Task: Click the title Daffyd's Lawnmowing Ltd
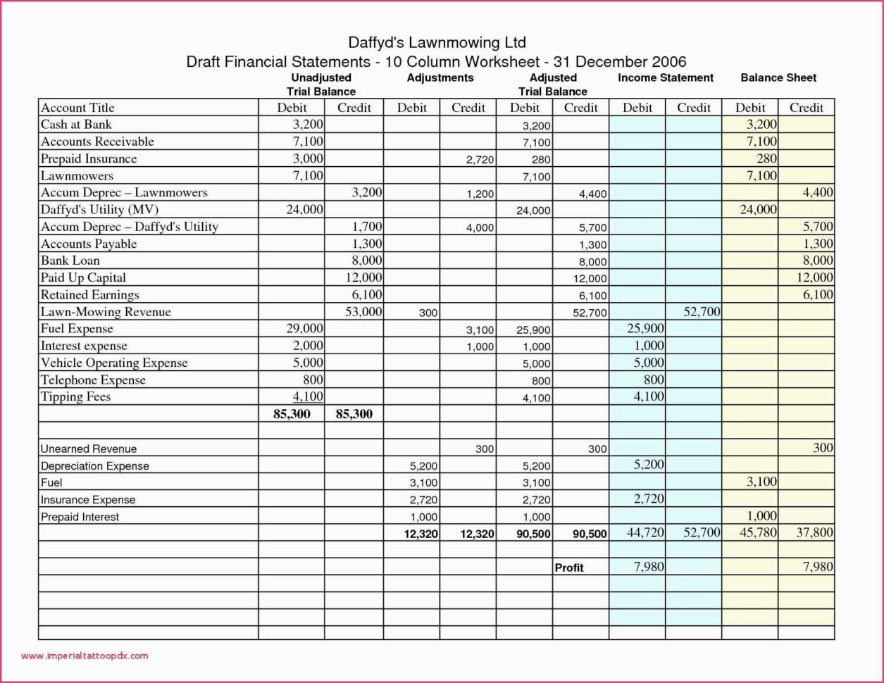click(437, 42)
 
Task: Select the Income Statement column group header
click(665, 78)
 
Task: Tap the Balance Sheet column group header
click(778, 78)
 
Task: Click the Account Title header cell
click(77, 108)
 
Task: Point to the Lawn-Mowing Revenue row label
click(106, 312)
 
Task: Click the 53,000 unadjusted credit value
click(363, 312)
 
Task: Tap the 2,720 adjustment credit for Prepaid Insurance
click(480, 160)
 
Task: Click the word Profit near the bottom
click(569, 568)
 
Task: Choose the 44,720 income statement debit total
click(645, 533)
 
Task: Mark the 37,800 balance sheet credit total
click(815, 533)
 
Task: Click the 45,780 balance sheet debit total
click(758, 533)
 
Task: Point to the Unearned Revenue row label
click(89, 449)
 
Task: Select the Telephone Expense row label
click(93, 380)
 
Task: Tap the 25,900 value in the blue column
click(645, 329)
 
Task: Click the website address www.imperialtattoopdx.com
click(85, 656)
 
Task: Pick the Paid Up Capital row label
click(83, 277)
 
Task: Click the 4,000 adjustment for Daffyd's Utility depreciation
click(480, 228)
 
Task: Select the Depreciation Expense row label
click(95, 466)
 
